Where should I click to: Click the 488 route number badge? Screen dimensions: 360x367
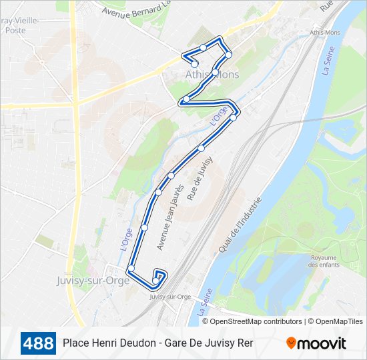[x=38, y=344]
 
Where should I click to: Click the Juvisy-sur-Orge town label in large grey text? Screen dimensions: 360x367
[x=93, y=281]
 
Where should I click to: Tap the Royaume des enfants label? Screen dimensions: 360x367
[x=323, y=261]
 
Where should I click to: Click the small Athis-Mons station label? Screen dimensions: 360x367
[x=326, y=33]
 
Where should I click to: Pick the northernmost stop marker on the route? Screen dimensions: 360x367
[x=203, y=47]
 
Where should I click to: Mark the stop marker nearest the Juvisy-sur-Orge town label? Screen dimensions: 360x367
[x=131, y=269]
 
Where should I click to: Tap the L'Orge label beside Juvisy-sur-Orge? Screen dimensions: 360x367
[x=125, y=239]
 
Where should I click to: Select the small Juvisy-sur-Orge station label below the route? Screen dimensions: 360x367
[x=170, y=297]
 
